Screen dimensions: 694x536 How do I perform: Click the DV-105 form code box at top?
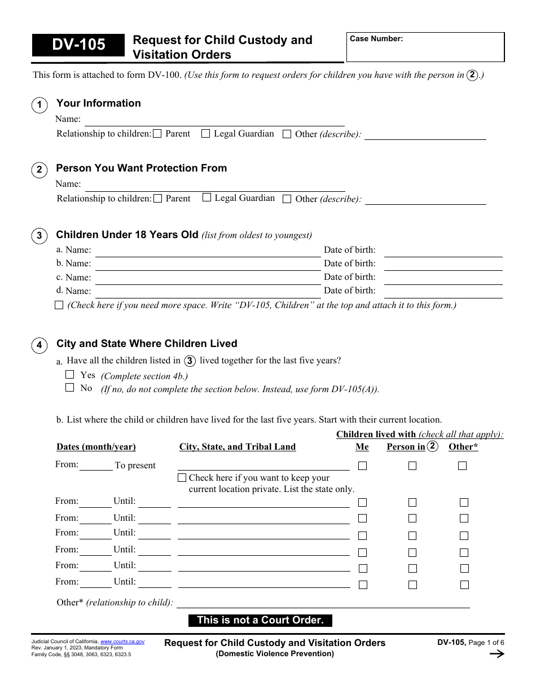[78, 45]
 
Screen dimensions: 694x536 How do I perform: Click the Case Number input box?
[425, 47]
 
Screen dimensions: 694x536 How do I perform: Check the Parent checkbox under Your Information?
[157, 134]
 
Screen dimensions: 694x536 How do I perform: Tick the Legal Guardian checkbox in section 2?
[207, 197]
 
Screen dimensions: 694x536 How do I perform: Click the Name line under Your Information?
[214, 120]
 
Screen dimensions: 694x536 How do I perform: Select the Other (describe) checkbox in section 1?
[287, 134]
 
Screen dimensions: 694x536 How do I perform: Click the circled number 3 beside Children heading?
[39, 236]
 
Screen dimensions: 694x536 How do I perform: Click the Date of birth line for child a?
[443, 251]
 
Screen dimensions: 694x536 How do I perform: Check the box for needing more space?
[59, 305]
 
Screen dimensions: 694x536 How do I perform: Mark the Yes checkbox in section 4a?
[70, 374]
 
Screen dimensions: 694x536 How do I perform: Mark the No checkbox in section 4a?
[70, 388]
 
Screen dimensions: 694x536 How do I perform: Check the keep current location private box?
[182, 478]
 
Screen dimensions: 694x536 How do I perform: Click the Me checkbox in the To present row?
[362, 466]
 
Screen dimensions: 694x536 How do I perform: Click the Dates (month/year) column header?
[96, 447]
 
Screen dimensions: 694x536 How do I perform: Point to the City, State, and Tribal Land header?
[237, 447]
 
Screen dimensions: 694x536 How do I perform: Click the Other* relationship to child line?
[323, 602]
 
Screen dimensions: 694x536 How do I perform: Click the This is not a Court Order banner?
[260, 620]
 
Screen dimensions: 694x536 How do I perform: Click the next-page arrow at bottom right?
[497, 654]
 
